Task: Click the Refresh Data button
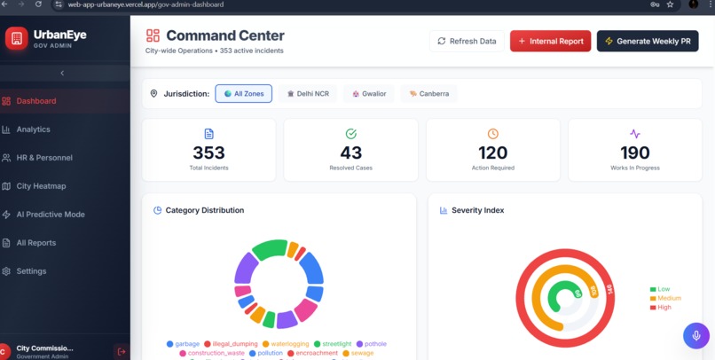[467, 41]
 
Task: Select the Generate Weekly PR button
[648, 41]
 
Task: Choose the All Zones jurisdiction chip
[243, 93]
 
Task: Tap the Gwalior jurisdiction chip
[369, 93]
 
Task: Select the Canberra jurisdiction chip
[429, 93]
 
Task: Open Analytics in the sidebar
[34, 129]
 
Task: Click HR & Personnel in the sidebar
[44, 158]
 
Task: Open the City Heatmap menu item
[41, 186]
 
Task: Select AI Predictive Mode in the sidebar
[51, 215]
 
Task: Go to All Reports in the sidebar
[36, 243]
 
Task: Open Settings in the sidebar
[31, 271]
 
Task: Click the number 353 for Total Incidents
[208, 153]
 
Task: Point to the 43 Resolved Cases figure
[350, 153]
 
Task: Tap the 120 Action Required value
[492, 153]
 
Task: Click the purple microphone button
[695, 335]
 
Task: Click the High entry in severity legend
[665, 308]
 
